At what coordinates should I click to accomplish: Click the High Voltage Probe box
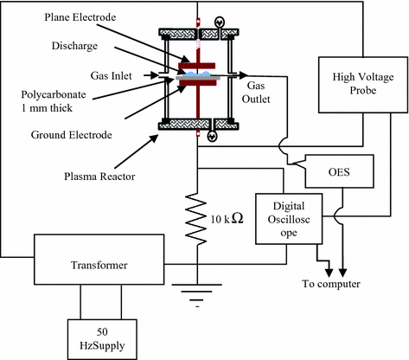[363, 85]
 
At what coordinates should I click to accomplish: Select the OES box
[339, 171]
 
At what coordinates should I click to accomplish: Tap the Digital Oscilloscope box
[289, 219]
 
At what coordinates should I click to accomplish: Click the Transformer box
[99, 260]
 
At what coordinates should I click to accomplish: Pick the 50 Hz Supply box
[102, 339]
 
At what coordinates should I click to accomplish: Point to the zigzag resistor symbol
[196, 219]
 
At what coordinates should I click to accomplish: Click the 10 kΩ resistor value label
[227, 219]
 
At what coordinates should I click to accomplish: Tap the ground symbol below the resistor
[197, 295]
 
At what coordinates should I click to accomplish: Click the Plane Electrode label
[80, 17]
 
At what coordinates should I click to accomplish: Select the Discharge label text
[74, 46]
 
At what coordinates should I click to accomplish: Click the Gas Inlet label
[111, 75]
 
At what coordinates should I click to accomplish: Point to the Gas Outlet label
[256, 93]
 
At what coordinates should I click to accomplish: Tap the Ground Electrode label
[72, 135]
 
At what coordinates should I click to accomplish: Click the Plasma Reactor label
[99, 177]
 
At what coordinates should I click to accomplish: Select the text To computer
[331, 284]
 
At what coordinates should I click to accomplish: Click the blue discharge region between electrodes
[197, 74]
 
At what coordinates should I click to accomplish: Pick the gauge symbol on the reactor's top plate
[220, 22]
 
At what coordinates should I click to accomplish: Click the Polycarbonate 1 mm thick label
[54, 101]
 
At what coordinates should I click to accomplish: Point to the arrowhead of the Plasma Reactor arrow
[155, 138]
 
